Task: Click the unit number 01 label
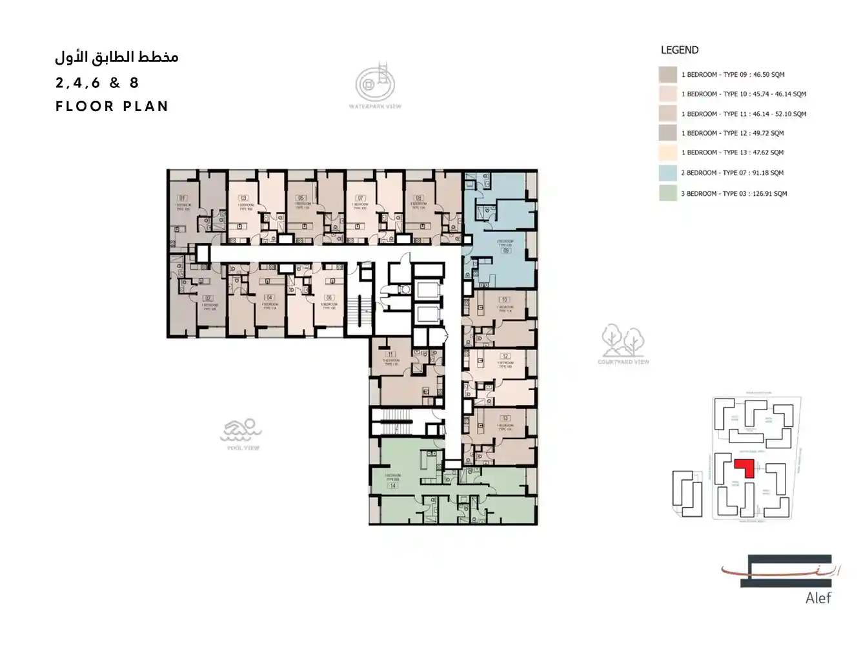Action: [183, 198]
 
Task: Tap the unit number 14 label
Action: [392, 485]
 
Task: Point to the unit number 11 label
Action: [390, 355]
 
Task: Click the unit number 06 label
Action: [329, 298]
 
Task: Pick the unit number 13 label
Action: [505, 419]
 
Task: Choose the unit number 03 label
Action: [243, 198]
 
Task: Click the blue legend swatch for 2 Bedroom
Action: [668, 172]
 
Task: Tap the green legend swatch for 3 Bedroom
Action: [668, 193]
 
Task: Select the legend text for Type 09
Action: [733, 74]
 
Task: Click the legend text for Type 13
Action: [732, 152]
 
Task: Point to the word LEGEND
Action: [679, 50]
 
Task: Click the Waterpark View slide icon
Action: [375, 82]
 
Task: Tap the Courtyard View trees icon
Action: [623, 340]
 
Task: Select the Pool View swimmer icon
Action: [241, 430]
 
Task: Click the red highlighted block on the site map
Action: [745, 466]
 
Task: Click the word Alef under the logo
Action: [818, 598]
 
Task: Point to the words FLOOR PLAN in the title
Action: [112, 107]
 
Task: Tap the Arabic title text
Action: [117, 57]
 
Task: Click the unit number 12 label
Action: [505, 356]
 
